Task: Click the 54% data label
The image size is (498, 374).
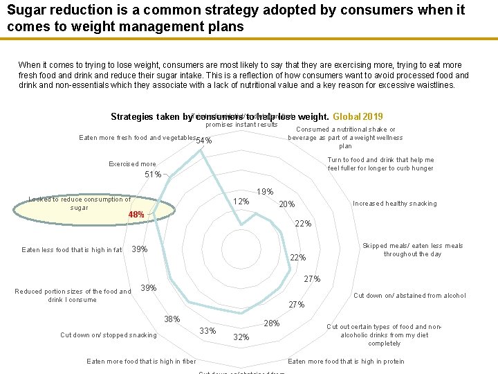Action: pos(204,141)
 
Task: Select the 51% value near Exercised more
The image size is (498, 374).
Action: pos(153,175)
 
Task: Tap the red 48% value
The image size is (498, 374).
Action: pos(136,215)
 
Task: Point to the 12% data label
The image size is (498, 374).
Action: pos(241,202)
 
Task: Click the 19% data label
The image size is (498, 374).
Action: pos(265,192)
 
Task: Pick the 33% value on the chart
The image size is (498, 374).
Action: pos(207,330)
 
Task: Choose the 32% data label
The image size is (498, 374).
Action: pos(241,337)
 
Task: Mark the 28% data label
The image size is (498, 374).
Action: pos(271,323)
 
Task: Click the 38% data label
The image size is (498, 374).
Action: pos(172,319)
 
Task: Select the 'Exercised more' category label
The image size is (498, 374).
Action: pos(132,164)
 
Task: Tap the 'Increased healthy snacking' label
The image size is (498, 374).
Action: pos(394,204)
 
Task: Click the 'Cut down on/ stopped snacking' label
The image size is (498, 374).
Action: pos(109,335)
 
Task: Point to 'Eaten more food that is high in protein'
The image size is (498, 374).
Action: pos(346,362)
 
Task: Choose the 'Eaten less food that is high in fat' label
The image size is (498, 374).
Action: pos(72,250)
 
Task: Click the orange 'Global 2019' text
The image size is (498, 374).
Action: pos(358,117)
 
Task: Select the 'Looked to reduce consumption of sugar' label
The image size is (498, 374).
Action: pos(80,204)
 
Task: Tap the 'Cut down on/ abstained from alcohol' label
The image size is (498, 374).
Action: pos(409,296)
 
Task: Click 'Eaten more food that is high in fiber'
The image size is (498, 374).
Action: pos(141,362)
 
